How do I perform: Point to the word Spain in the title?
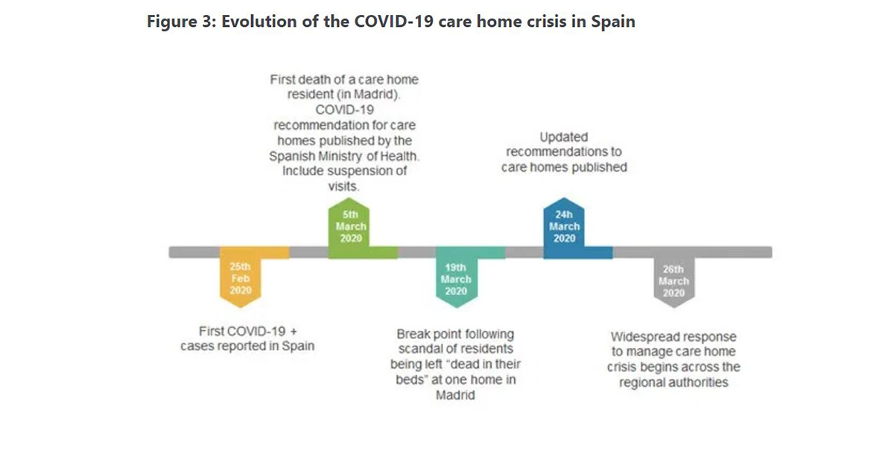point(612,21)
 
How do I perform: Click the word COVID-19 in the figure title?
point(384,21)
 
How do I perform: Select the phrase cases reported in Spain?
point(247,347)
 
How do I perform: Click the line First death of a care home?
point(343,80)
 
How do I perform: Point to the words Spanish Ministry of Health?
point(343,156)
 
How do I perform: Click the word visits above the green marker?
point(343,186)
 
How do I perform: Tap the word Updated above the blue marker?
point(564,137)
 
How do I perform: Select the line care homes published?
point(564,168)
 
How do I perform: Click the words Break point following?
point(455,333)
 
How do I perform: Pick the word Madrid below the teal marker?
point(455,396)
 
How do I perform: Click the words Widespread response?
point(673,336)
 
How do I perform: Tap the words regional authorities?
point(673,382)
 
